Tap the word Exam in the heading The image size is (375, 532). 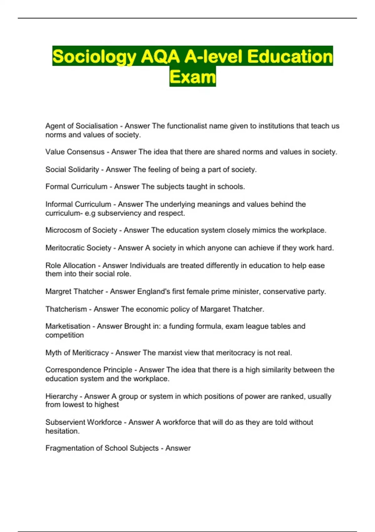192,77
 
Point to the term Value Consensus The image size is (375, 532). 75,152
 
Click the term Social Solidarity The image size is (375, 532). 72,169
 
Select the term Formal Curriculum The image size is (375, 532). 76,187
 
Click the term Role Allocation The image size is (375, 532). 70,265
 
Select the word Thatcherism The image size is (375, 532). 66,309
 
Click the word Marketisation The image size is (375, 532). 68,326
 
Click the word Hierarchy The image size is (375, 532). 61,396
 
